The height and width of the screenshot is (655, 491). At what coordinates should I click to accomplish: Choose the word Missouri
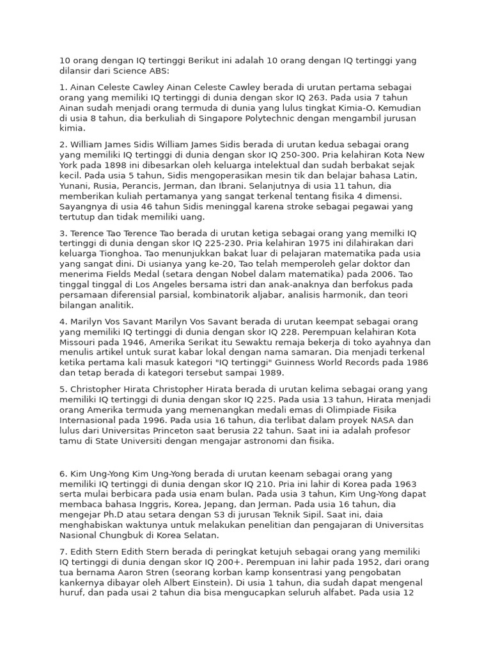(x=79, y=342)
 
